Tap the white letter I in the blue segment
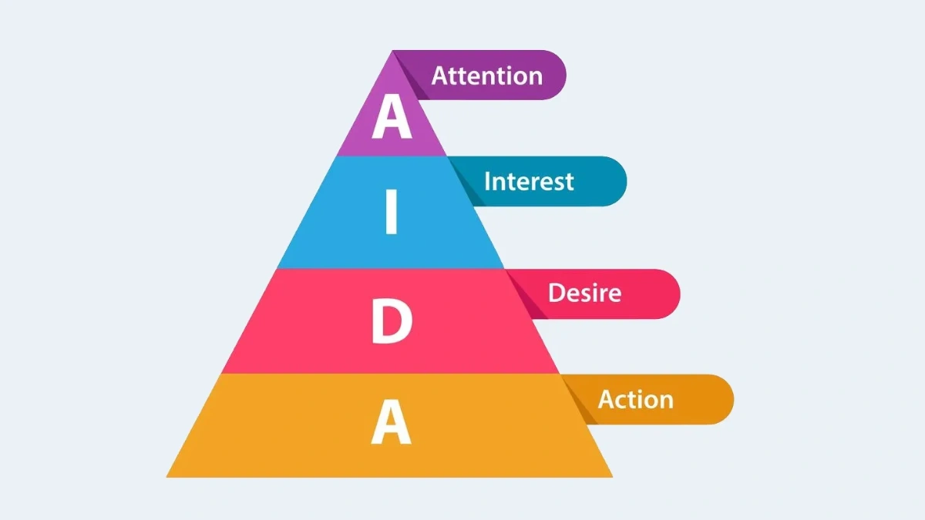tap(391, 214)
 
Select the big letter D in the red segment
tap(392, 322)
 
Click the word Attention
tap(486, 75)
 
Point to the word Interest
tap(529, 182)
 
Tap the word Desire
tap(584, 293)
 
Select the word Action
tap(635, 399)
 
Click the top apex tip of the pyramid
tap(392, 52)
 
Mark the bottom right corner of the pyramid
tap(611, 475)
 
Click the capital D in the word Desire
tap(557, 293)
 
